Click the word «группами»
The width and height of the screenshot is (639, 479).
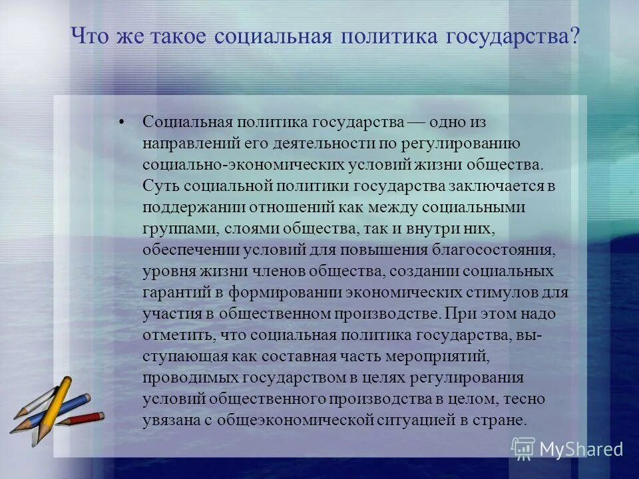tap(170, 229)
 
